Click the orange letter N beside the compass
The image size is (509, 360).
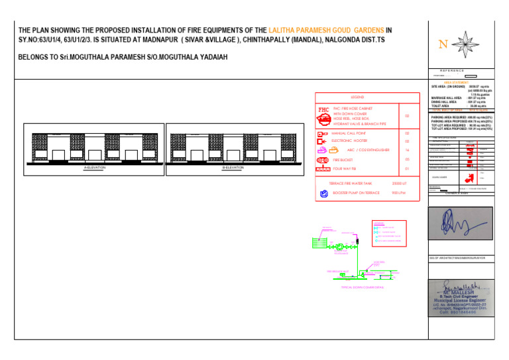point(442,45)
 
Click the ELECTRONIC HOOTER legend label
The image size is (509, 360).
point(349,141)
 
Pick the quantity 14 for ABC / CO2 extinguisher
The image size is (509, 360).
point(407,150)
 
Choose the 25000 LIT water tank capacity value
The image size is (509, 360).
point(399,183)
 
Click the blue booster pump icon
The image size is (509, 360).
point(323,194)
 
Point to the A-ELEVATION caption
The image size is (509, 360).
point(95,168)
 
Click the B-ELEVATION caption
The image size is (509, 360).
point(233,168)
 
